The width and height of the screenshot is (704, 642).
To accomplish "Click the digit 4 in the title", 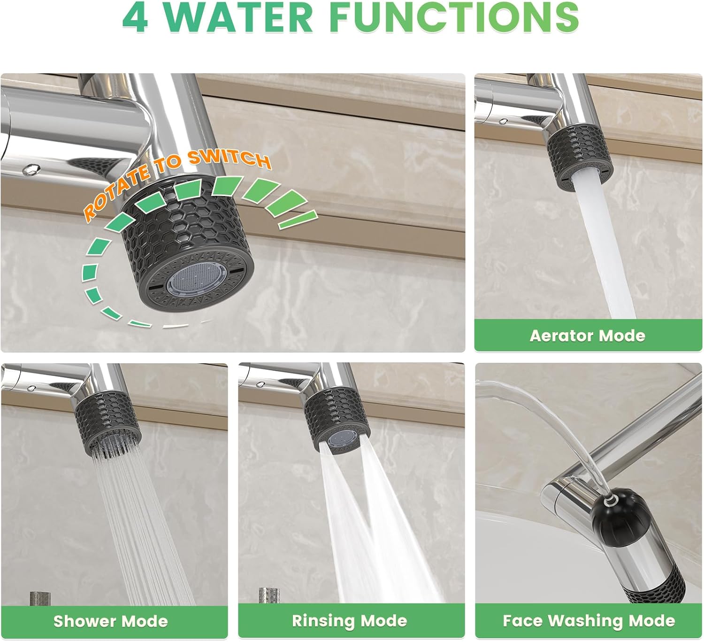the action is (136, 17).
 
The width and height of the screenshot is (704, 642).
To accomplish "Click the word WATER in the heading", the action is (238, 17).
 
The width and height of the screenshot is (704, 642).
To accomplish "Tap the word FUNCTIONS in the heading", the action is (454, 17).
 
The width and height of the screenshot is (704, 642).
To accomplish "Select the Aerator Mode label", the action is (588, 336).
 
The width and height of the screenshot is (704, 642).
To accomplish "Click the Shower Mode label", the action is (111, 621).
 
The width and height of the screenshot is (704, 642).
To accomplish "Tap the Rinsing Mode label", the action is (350, 620).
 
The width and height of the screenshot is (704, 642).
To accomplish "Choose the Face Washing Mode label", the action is (589, 620).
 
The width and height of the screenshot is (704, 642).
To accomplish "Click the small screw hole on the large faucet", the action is (31, 170).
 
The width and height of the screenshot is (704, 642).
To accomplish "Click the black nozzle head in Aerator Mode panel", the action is (580, 157).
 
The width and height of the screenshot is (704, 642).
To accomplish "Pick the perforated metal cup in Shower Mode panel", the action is (40, 598).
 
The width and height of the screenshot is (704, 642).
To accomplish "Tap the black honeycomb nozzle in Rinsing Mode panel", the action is (337, 421).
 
